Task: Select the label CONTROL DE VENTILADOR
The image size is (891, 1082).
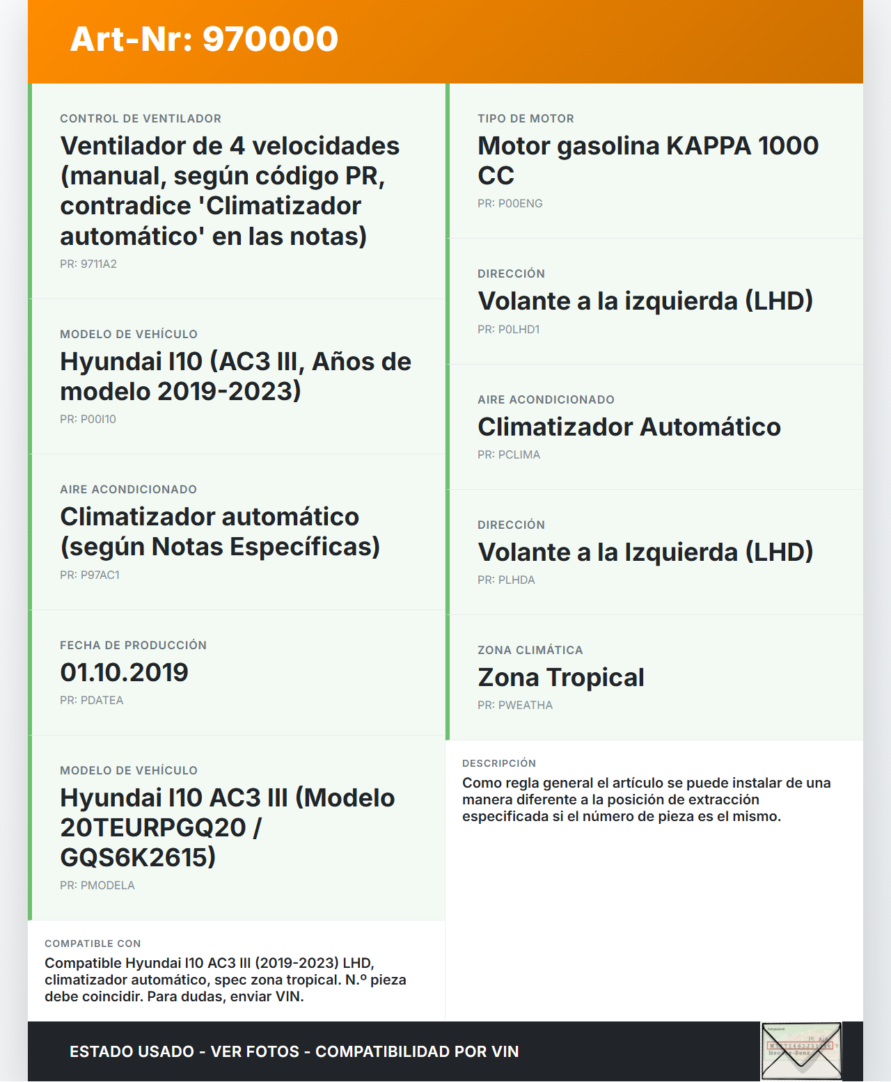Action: pyautogui.click(x=141, y=119)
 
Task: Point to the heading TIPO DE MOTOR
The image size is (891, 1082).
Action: pyautogui.click(x=526, y=119)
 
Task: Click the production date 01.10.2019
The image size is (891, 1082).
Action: pyautogui.click(x=124, y=673)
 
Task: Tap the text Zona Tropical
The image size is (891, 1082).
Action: pyautogui.click(x=560, y=678)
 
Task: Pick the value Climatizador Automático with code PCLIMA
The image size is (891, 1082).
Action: pyautogui.click(x=629, y=427)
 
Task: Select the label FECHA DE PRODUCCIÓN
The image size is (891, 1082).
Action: pyautogui.click(x=133, y=646)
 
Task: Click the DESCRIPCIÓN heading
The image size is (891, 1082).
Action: pyautogui.click(x=498, y=764)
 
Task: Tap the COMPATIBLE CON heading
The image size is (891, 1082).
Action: pyautogui.click(x=93, y=944)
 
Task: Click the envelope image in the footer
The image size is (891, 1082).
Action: pyautogui.click(x=801, y=1051)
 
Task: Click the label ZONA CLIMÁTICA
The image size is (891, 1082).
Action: pyautogui.click(x=530, y=651)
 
